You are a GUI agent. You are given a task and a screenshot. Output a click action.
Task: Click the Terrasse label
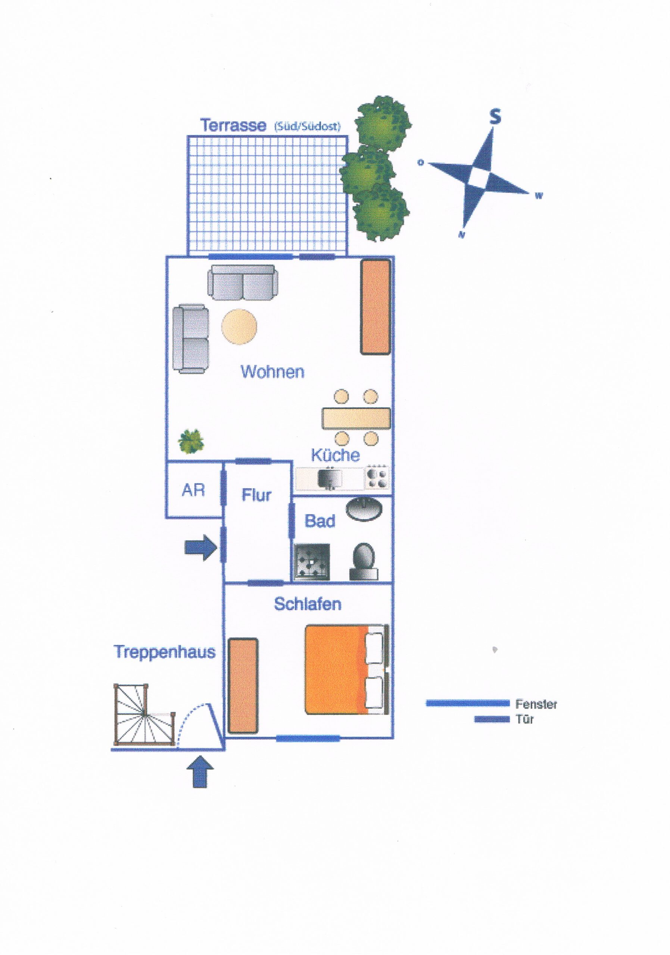coord(233,125)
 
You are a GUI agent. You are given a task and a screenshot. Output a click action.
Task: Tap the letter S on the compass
coord(495,116)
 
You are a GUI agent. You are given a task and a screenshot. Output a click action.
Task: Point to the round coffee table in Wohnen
coord(239,326)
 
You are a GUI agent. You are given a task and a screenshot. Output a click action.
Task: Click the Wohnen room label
coord(272,372)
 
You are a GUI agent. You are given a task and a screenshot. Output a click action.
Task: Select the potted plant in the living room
coord(191,441)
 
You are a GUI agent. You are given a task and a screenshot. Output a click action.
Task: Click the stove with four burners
coord(377,477)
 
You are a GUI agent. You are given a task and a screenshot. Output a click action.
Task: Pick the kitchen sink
coord(330,478)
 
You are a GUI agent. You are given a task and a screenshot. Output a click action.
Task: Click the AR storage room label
coord(193,491)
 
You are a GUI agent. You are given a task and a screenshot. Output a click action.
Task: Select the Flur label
coord(256,495)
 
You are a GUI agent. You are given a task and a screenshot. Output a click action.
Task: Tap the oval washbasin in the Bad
coord(364,510)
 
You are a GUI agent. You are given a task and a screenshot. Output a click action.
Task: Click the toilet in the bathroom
coord(364,561)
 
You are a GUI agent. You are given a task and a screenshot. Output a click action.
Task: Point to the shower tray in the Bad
coord(312,561)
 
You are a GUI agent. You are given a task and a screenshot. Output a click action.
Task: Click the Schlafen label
coord(308,604)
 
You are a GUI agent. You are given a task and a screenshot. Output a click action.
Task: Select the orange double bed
coord(347,670)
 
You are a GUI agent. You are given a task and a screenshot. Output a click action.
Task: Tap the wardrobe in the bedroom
coord(243,686)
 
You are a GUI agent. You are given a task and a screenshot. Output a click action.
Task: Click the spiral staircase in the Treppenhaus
coord(144,714)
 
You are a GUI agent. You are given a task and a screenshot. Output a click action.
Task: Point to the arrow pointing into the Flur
coord(201,548)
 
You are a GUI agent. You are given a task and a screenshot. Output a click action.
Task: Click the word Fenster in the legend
coord(536,704)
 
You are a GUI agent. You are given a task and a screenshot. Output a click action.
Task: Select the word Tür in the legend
coord(524,719)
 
